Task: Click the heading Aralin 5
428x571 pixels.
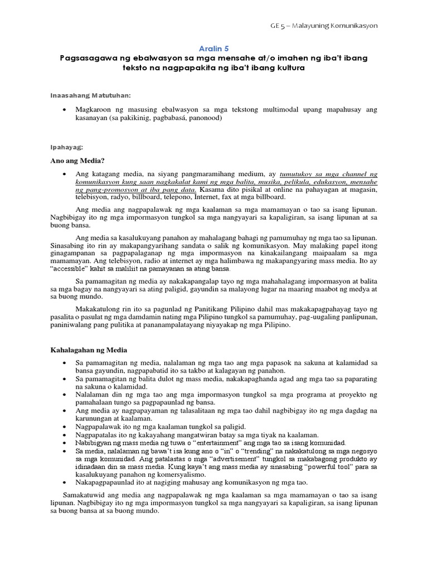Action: [214, 49]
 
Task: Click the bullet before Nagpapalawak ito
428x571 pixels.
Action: [66, 427]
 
